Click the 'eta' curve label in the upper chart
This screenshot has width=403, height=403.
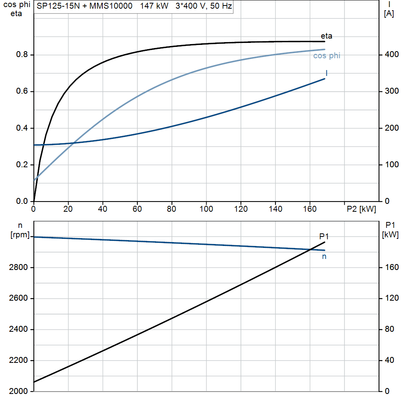coord(326,36)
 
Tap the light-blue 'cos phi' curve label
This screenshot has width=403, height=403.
coord(327,56)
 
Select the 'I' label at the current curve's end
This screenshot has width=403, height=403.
coord(327,73)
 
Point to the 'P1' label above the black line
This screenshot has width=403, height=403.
coord(324,236)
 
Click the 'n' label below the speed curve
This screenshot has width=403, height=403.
coord(324,257)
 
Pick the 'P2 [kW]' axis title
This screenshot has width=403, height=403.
coord(361,209)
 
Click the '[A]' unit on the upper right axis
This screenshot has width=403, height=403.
coord(389,14)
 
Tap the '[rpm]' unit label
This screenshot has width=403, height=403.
coord(20,235)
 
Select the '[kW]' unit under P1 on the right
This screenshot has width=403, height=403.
coord(390,235)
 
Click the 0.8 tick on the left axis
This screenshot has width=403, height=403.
coord(22,54)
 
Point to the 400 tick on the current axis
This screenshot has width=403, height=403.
coord(392,54)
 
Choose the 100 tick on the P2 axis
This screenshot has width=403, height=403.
coord(206,209)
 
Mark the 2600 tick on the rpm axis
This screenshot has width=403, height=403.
coord(18,298)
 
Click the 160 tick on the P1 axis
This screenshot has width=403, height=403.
coord(392,267)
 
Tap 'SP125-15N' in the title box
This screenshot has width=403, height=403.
coord(58,6)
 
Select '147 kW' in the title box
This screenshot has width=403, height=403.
coord(154,6)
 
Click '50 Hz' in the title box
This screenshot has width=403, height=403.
coord(221,6)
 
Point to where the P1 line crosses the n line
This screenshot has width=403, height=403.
coord(311,249)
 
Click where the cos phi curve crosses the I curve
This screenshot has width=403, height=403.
coord(74,142)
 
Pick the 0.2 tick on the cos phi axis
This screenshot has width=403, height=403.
coord(22,165)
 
